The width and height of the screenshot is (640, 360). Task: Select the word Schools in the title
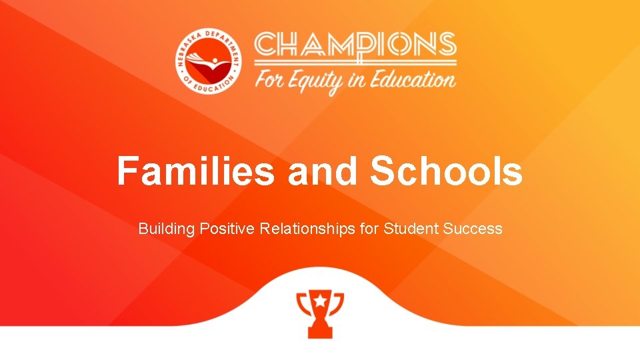click(446, 171)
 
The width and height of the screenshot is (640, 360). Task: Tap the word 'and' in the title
click(322, 171)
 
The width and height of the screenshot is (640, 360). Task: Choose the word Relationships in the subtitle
click(307, 229)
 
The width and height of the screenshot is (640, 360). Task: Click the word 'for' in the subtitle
click(369, 229)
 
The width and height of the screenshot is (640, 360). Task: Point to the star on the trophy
click(320, 301)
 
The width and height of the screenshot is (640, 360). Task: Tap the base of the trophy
click(320, 331)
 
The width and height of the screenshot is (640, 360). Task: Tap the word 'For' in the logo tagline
click(271, 81)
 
